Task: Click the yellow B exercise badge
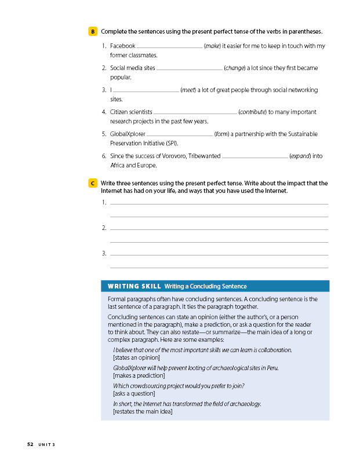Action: point(93,31)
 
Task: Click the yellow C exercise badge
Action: point(93,183)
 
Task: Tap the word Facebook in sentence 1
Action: point(122,46)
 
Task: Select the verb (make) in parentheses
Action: point(212,46)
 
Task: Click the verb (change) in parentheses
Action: point(234,68)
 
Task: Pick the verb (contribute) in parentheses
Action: point(252,112)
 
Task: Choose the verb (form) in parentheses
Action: point(221,134)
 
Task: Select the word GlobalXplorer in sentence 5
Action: point(128,134)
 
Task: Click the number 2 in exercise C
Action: point(104,228)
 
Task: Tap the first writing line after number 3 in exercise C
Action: point(219,254)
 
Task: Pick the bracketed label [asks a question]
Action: point(134,393)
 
